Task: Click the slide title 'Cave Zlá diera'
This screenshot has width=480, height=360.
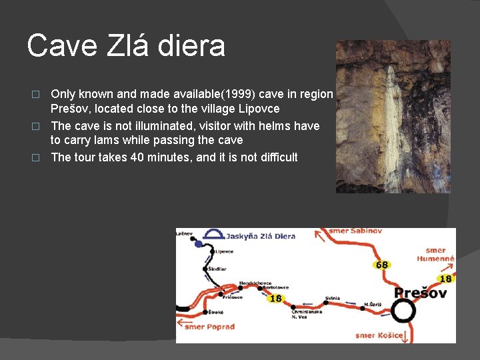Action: pos(126,46)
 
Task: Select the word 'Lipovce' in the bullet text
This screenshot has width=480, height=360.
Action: pos(259,109)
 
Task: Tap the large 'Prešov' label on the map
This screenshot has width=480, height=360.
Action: pos(420,293)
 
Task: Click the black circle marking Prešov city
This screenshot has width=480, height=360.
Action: pos(403,311)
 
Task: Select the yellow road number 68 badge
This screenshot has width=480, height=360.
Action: pos(382,265)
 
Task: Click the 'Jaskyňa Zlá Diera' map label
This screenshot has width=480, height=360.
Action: pos(261,236)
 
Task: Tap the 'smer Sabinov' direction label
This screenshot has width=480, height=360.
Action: pos(356,231)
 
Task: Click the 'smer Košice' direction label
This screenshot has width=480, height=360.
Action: pos(379,335)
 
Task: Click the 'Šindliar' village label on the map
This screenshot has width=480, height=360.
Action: pos(217,269)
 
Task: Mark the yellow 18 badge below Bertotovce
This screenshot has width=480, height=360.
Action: pos(275,299)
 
